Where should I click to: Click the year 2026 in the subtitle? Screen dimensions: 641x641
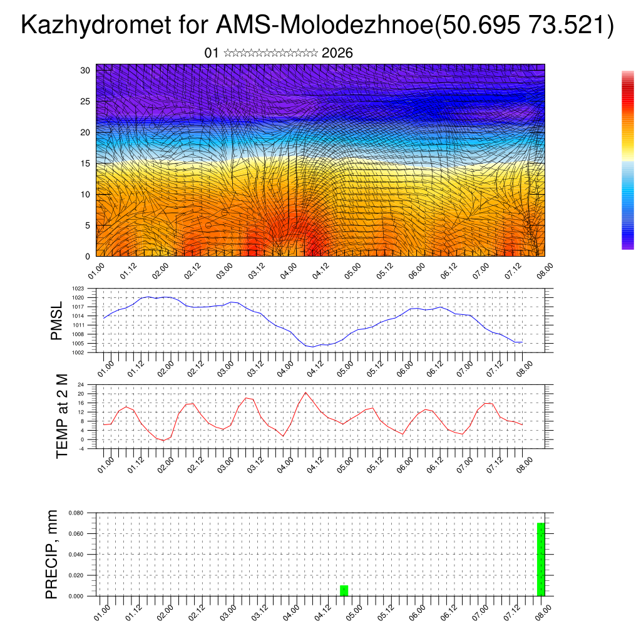tap(337, 53)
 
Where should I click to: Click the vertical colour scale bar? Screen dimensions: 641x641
tap(627, 160)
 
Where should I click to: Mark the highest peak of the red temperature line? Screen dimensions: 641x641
tap(305, 392)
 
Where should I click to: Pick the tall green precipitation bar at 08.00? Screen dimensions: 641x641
tap(541, 559)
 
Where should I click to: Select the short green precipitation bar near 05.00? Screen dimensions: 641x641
tap(344, 590)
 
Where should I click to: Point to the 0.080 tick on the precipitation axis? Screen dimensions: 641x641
tap(76, 513)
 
